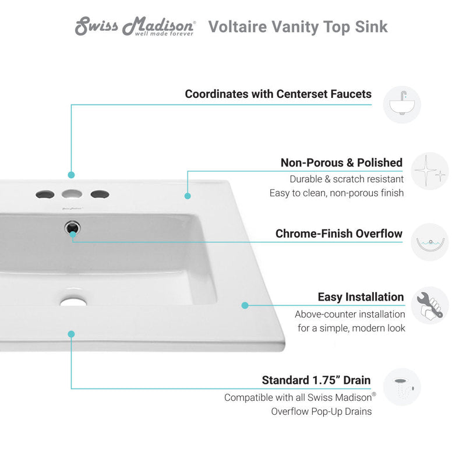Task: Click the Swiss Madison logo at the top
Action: tap(135, 27)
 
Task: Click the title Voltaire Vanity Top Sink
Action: tap(298, 27)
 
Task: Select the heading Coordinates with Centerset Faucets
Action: tap(278, 94)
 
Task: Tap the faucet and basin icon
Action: tap(401, 105)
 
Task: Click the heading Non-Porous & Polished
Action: tap(341, 163)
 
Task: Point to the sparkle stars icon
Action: tap(430, 171)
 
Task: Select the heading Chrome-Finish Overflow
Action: tap(338, 234)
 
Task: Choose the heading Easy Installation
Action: tap(361, 297)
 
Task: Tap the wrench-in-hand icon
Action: tap(430, 305)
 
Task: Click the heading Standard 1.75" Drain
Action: tap(316, 380)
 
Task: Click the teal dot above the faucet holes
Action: tap(71, 174)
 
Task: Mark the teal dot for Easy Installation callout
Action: tap(245, 305)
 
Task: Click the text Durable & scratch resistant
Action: tap(346, 179)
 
